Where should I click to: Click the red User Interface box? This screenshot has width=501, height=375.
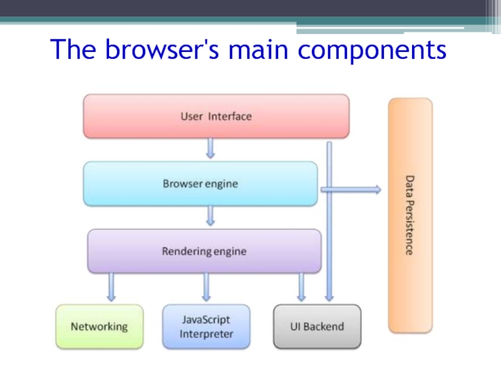(x=216, y=116)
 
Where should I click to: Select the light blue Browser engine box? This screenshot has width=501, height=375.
(x=200, y=184)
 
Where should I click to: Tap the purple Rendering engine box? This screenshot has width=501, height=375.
(x=204, y=251)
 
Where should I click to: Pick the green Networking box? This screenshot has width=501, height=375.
(x=99, y=326)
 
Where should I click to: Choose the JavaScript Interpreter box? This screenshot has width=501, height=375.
(x=206, y=326)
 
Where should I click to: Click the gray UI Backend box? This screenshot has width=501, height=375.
(x=317, y=326)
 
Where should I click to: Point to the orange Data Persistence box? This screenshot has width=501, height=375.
(x=410, y=215)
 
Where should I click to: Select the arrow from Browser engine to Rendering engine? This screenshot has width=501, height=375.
(x=211, y=216)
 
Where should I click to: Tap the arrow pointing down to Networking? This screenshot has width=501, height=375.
(x=111, y=287)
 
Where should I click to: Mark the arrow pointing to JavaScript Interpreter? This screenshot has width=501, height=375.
(x=206, y=287)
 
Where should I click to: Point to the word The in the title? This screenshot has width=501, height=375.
(x=74, y=50)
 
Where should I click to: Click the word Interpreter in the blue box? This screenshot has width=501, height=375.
(x=206, y=334)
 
